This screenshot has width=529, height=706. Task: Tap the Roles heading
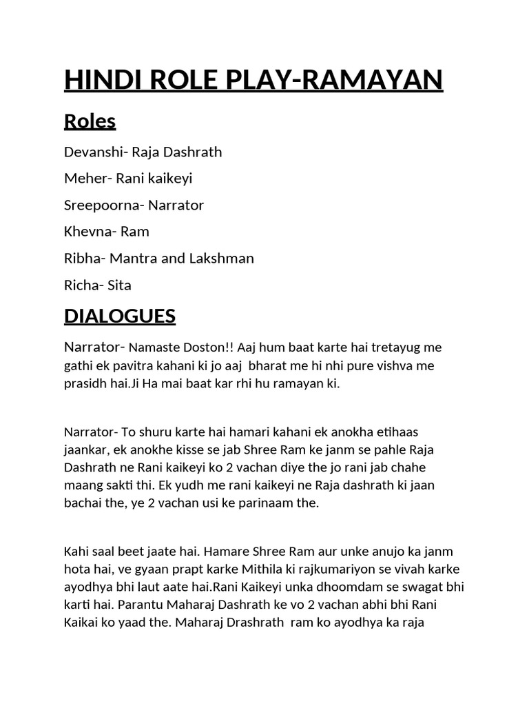point(90,121)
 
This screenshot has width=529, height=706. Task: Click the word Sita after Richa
point(118,285)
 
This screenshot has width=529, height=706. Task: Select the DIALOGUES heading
point(120,316)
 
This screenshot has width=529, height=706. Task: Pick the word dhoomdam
point(324,587)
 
